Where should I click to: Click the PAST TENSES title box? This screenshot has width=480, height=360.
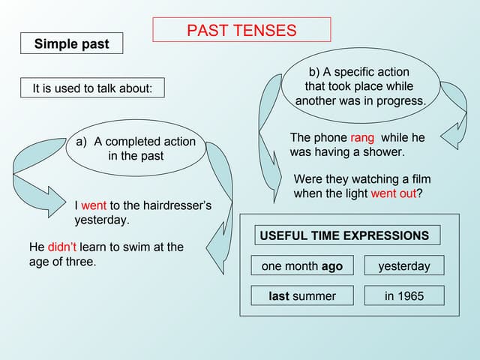(241, 30)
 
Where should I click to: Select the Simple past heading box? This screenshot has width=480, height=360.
(71, 44)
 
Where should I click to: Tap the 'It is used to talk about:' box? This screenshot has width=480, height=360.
(92, 88)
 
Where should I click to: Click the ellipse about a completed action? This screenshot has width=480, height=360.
(136, 148)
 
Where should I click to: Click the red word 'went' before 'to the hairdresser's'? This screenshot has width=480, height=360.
(94, 205)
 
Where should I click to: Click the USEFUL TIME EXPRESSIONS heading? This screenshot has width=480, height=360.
(344, 235)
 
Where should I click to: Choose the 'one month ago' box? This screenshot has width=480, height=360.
(301, 266)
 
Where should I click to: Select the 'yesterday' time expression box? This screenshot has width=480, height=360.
(404, 266)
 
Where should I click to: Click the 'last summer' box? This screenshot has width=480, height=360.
(301, 296)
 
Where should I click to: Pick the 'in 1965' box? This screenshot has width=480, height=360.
(404, 296)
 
